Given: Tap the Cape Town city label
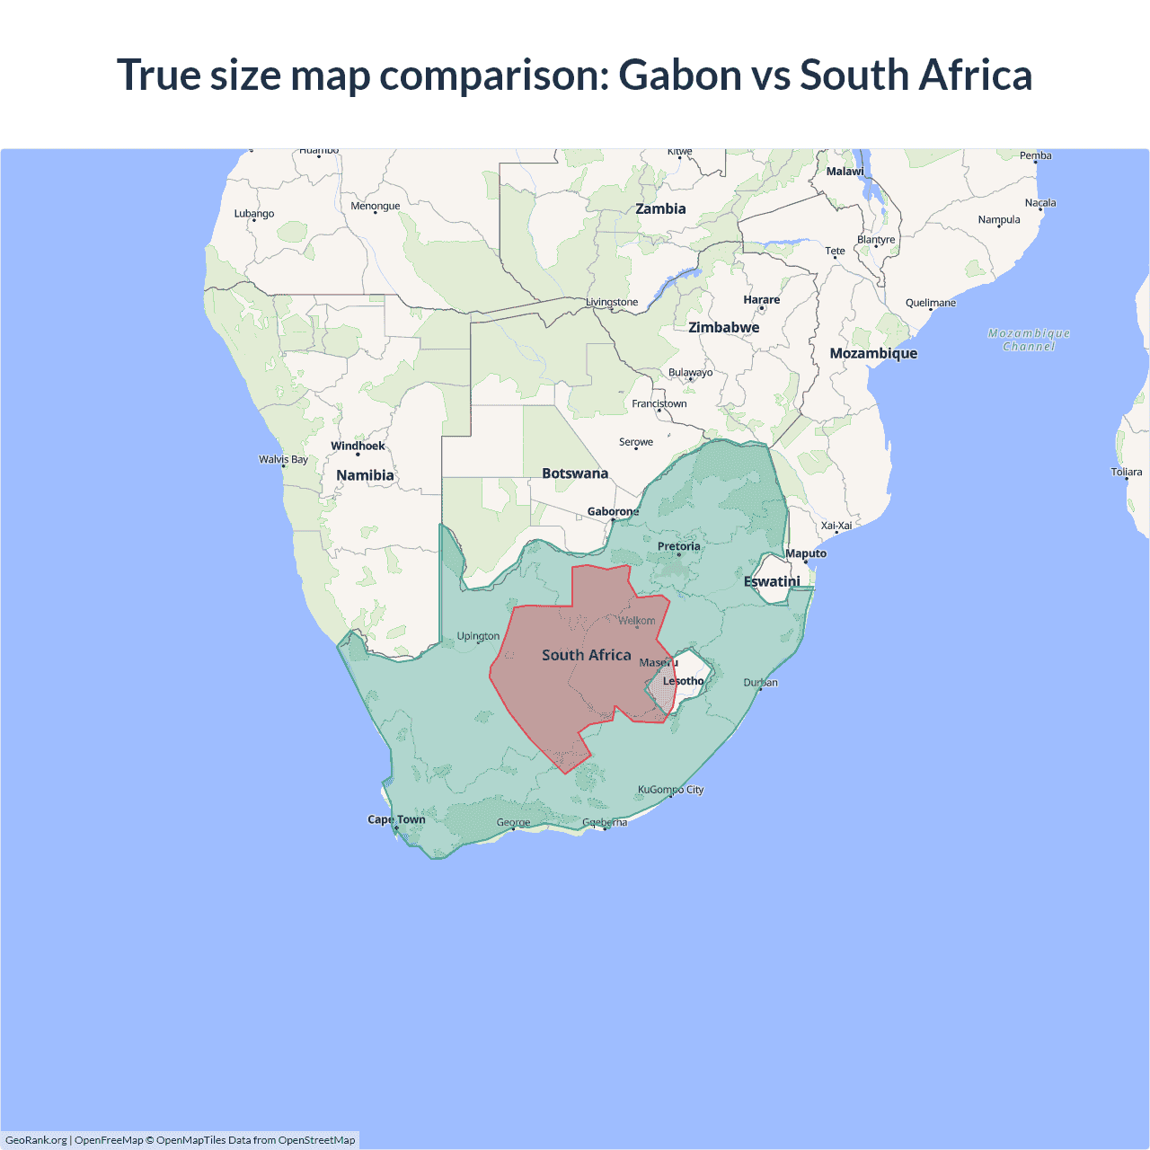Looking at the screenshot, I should click(396, 819).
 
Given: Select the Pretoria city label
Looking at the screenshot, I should click(678, 546).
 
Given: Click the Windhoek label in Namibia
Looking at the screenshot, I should click(358, 446).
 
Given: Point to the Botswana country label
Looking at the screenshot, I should click(575, 473).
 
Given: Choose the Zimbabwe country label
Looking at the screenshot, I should click(723, 328).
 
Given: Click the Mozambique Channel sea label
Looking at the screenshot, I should click(1029, 340).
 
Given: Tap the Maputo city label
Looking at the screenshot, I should click(806, 553).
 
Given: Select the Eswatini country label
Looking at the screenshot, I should click(772, 581).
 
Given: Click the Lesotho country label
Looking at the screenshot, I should click(684, 681).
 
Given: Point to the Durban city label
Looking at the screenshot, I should click(760, 683).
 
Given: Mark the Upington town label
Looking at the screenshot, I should click(478, 636).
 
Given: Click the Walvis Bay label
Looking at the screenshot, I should click(283, 459).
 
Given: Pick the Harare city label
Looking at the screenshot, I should click(762, 300).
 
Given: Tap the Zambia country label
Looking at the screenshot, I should click(660, 209).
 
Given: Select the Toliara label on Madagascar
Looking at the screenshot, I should click(1126, 472).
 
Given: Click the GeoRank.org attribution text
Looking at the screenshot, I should click(36, 1140).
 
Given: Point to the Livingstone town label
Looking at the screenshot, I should click(612, 302).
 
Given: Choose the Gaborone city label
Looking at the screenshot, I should click(613, 512).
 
